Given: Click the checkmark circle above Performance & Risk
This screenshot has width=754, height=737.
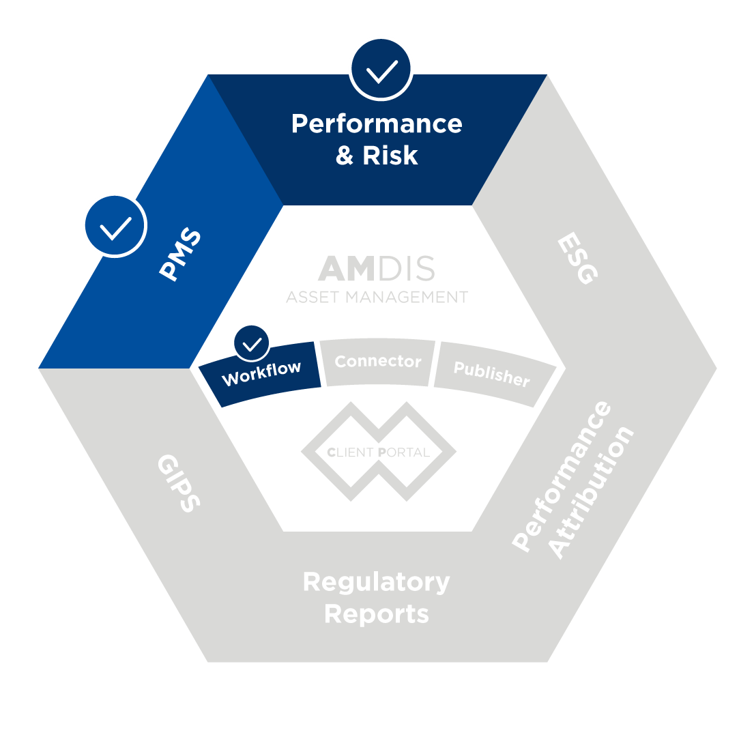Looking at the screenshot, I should click(381, 69).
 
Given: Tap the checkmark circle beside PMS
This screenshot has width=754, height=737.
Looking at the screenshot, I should click(115, 225).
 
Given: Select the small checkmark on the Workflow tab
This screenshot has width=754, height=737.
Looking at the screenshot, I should click(251, 344).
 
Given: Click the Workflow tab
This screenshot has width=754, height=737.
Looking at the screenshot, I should click(261, 373).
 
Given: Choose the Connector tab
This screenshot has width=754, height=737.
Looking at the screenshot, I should click(378, 362).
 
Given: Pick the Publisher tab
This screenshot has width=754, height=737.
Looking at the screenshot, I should click(491, 374).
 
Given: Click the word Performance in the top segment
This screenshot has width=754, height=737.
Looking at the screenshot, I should click(377, 124).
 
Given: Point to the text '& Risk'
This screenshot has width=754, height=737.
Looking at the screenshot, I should click(377, 156).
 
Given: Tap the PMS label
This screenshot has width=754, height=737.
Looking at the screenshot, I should click(180, 254).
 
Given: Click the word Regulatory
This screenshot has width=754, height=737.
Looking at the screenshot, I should click(377, 582).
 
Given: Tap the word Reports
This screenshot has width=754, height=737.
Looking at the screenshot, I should click(377, 613).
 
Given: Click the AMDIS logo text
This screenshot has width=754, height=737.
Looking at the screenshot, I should click(377, 270).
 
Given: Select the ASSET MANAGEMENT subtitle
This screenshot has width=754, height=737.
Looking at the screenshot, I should click(377, 298).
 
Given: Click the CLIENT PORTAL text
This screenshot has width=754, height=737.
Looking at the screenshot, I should click(378, 452).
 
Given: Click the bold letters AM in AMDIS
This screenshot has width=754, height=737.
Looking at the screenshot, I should click(347, 270).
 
